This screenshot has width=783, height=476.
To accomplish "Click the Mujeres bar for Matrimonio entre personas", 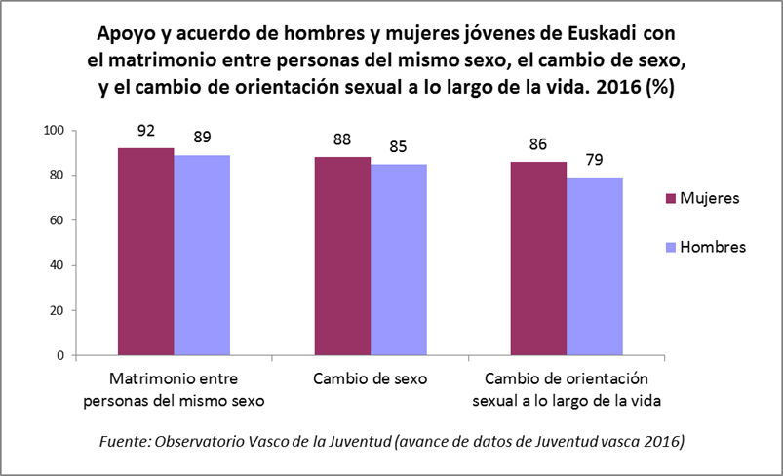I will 146,252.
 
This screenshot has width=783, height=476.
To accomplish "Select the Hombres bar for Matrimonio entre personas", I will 202,256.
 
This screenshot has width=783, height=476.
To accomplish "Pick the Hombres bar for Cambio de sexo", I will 398,259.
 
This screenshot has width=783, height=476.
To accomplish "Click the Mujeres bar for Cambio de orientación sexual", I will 538,258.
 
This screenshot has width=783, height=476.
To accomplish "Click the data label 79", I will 594,157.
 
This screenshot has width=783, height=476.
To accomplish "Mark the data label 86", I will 538,140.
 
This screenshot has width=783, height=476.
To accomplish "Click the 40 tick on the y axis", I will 57,265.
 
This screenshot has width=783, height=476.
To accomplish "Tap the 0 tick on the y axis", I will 60,355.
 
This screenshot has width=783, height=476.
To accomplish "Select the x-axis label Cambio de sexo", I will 370,378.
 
